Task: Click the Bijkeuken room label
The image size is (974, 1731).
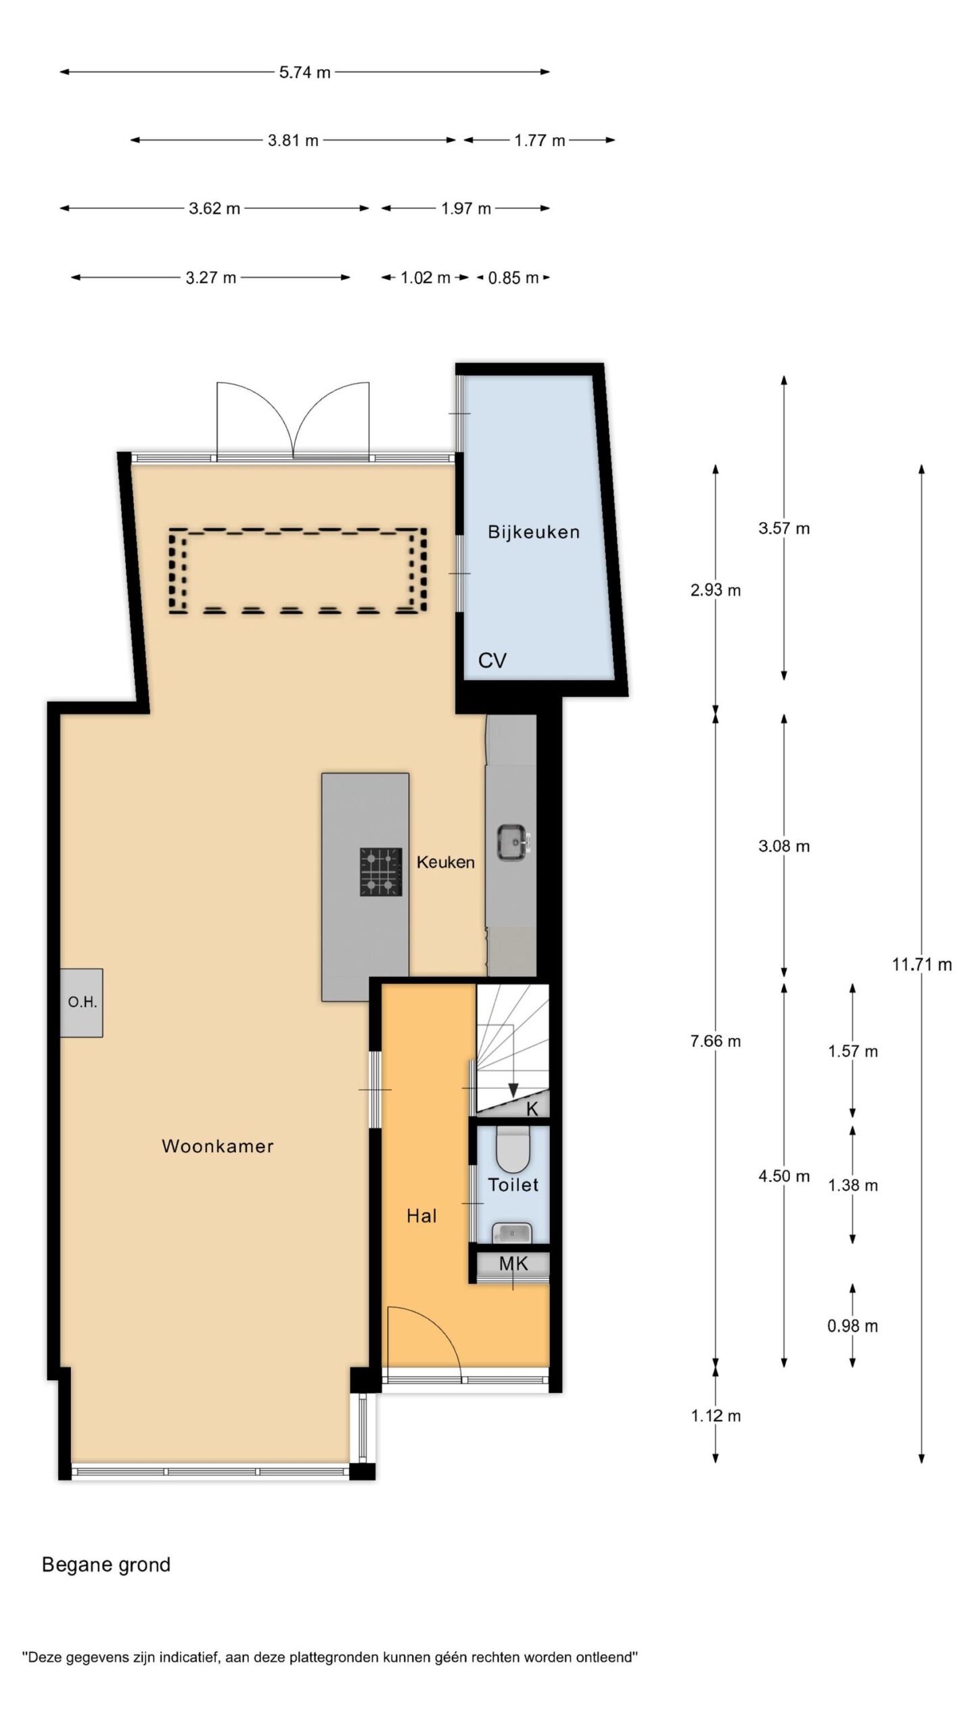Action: click(x=534, y=532)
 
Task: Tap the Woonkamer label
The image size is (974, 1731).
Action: click(x=218, y=1146)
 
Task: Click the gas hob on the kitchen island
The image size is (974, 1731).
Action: click(x=381, y=872)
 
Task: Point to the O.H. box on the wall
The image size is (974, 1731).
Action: click(x=81, y=1003)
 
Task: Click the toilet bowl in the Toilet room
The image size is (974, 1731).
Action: click(x=513, y=1149)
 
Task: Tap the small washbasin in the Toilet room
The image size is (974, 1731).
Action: click(x=511, y=1233)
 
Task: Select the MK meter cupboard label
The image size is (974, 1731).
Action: click(x=513, y=1264)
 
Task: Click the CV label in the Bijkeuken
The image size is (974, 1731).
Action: click(x=492, y=661)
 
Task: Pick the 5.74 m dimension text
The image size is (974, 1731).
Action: click(x=305, y=72)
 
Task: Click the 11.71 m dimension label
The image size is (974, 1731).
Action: click(x=921, y=965)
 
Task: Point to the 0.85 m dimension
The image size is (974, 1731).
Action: click(x=513, y=278)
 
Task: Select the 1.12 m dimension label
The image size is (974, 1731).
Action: click(x=716, y=1416)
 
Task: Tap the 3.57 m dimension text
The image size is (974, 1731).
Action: click(x=784, y=528)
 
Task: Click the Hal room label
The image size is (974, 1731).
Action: click(x=421, y=1216)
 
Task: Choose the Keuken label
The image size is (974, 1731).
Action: click(x=446, y=862)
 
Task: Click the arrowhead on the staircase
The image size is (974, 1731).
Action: click(x=513, y=1090)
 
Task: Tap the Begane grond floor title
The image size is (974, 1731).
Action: click(x=106, y=1565)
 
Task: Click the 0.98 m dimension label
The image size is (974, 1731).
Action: click(x=852, y=1326)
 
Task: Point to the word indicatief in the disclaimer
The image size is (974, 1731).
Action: click(x=187, y=1657)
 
